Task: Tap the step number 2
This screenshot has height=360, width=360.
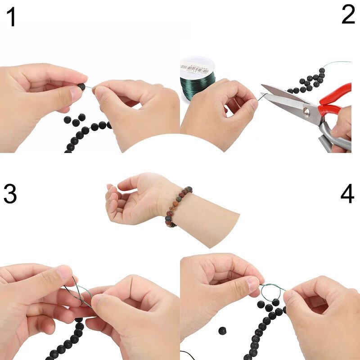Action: (x=348, y=15)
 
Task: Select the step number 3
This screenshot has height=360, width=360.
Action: (x=10, y=193)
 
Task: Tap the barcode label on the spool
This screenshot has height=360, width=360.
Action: (x=194, y=69)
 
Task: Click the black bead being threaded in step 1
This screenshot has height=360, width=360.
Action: (x=81, y=87)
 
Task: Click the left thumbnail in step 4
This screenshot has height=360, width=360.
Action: (x=252, y=283)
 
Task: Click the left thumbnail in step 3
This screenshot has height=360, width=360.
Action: (x=65, y=271)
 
